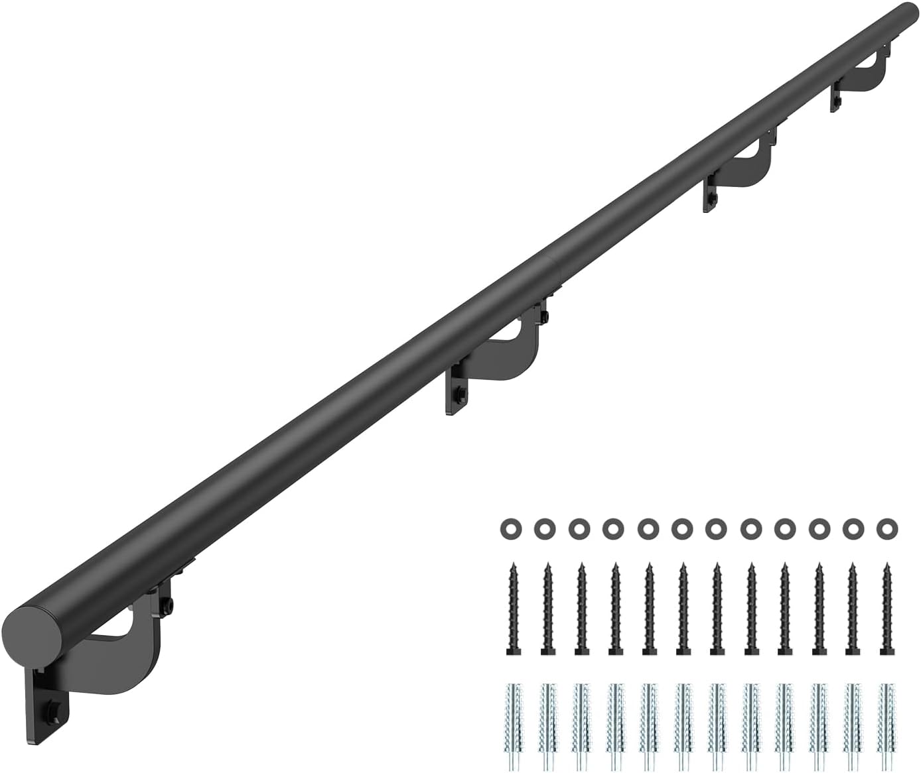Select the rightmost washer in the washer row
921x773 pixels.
pyautogui.click(x=885, y=528)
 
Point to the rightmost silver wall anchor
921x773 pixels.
pyautogui.click(x=885, y=719)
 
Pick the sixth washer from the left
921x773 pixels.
pyautogui.click(x=680, y=528)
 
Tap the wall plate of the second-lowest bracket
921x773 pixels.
pyautogui.click(x=458, y=391)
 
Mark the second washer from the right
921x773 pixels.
pyautogui.click(x=851, y=528)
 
